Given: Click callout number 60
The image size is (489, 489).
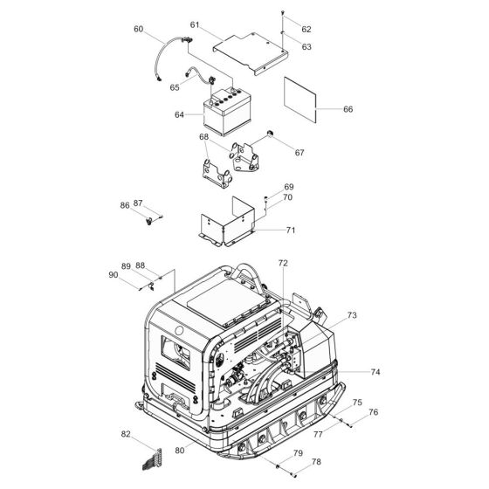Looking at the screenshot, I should (x=138, y=30).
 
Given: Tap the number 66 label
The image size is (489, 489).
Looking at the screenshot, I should (x=348, y=109).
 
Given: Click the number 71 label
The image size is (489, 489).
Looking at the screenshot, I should (x=289, y=231).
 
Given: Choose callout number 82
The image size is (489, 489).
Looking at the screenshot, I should (x=126, y=434).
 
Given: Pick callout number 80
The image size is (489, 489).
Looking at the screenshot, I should (x=179, y=451).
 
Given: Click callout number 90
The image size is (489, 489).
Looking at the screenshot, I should (x=113, y=275).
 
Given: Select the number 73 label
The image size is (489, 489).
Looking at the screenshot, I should (x=352, y=315).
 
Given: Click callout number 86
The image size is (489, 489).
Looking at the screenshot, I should (x=124, y=206).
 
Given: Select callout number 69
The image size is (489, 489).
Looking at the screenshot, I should (x=289, y=187).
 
